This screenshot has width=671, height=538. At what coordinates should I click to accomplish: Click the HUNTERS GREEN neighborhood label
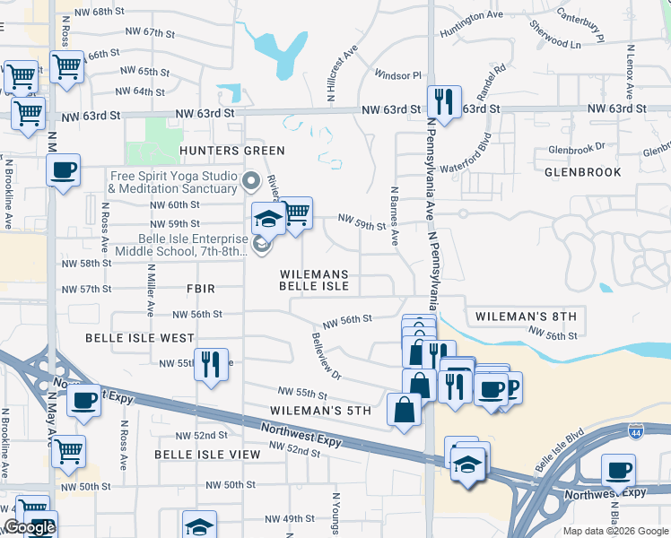(x=219, y=151)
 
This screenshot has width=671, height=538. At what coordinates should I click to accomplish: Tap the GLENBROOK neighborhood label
(x=582, y=171)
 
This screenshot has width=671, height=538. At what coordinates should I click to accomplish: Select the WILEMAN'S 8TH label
(x=525, y=317)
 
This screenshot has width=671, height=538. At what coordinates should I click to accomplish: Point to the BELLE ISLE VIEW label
(x=207, y=455)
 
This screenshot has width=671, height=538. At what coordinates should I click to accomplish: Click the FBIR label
(x=200, y=289)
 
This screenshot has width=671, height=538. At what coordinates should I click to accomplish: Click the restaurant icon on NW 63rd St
(x=443, y=103)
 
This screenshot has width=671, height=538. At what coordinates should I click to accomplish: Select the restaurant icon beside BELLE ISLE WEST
(x=211, y=366)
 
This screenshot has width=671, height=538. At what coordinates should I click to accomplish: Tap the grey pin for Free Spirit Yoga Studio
(x=252, y=182)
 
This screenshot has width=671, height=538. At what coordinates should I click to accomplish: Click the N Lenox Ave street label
(x=630, y=72)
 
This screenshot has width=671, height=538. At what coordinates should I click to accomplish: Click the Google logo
(x=29, y=528)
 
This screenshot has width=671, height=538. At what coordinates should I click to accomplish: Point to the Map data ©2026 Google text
(x=615, y=531)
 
